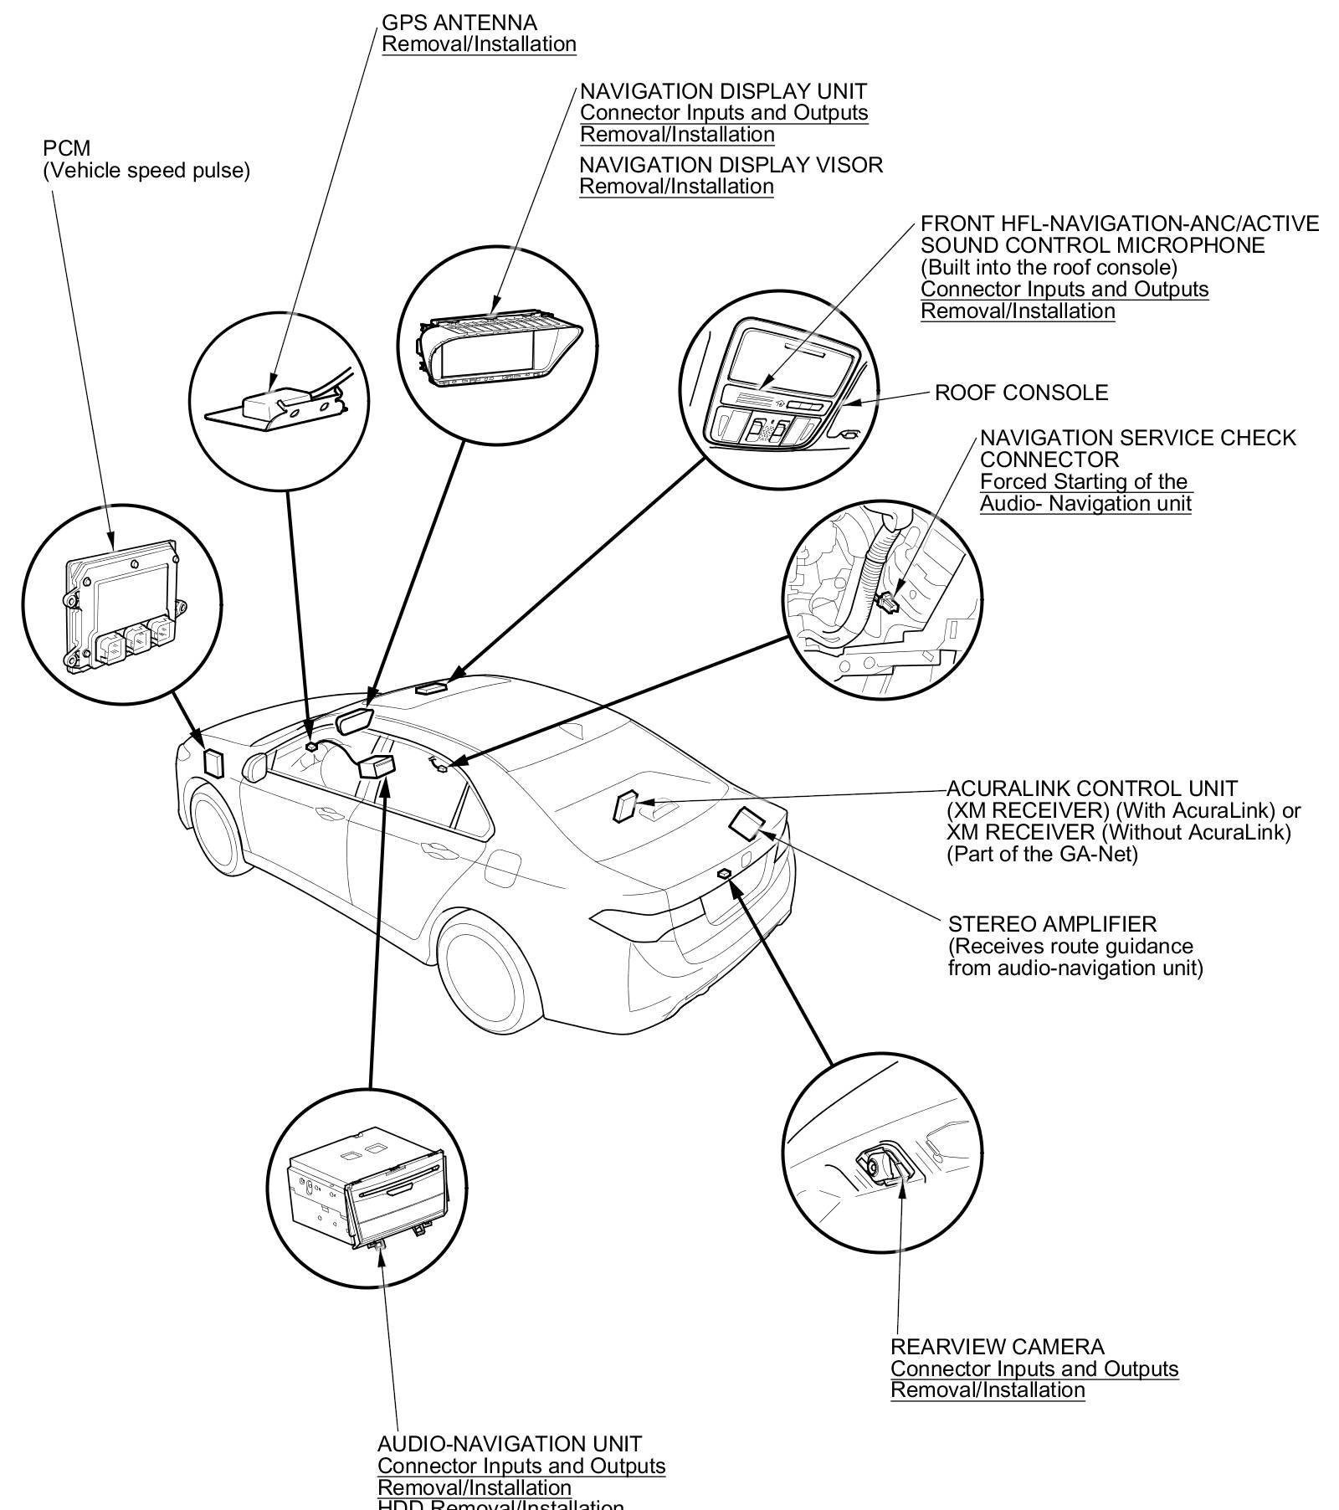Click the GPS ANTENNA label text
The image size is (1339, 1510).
[459, 23]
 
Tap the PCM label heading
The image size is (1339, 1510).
[66, 149]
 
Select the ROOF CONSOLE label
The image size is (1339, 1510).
[1021, 393]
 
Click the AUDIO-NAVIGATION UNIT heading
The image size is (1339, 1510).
[510, 1444]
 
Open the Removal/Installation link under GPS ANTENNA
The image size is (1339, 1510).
[479, 44]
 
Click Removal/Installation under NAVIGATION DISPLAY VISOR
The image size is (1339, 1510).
[676, 187]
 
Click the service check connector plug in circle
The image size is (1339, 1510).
[887, 600]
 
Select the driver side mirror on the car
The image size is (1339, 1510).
[254, 765]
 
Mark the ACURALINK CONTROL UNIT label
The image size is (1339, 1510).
[1091, 788]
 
